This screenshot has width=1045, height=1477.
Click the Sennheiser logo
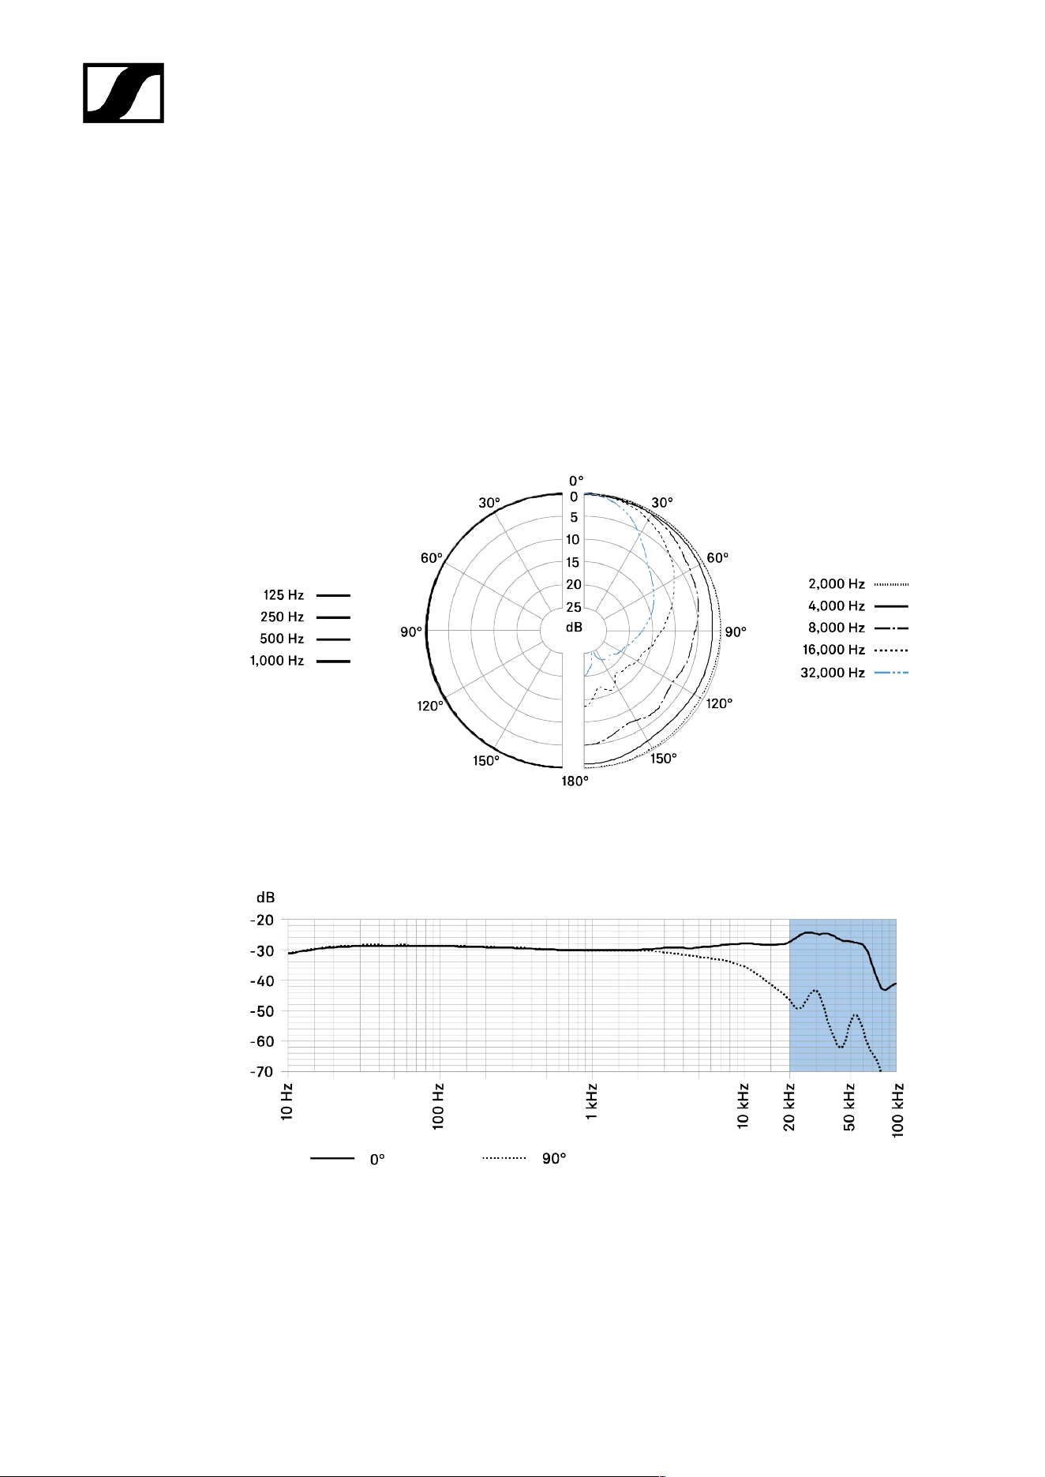(x=123, y=93)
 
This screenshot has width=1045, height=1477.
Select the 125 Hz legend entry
(x=306, y=595)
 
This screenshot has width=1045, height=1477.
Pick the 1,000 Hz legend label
(x=277, y=661)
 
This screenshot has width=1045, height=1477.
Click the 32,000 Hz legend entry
(x=854, y=673)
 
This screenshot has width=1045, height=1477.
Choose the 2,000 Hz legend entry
(x=858, y=584)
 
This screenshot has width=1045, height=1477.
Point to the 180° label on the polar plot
(x=575, y=782)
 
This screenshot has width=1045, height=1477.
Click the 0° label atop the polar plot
(x=577, y=480)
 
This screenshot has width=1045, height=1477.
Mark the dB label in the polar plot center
(x=574, y=627)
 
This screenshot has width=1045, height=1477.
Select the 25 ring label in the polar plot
(x=574, y=607)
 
